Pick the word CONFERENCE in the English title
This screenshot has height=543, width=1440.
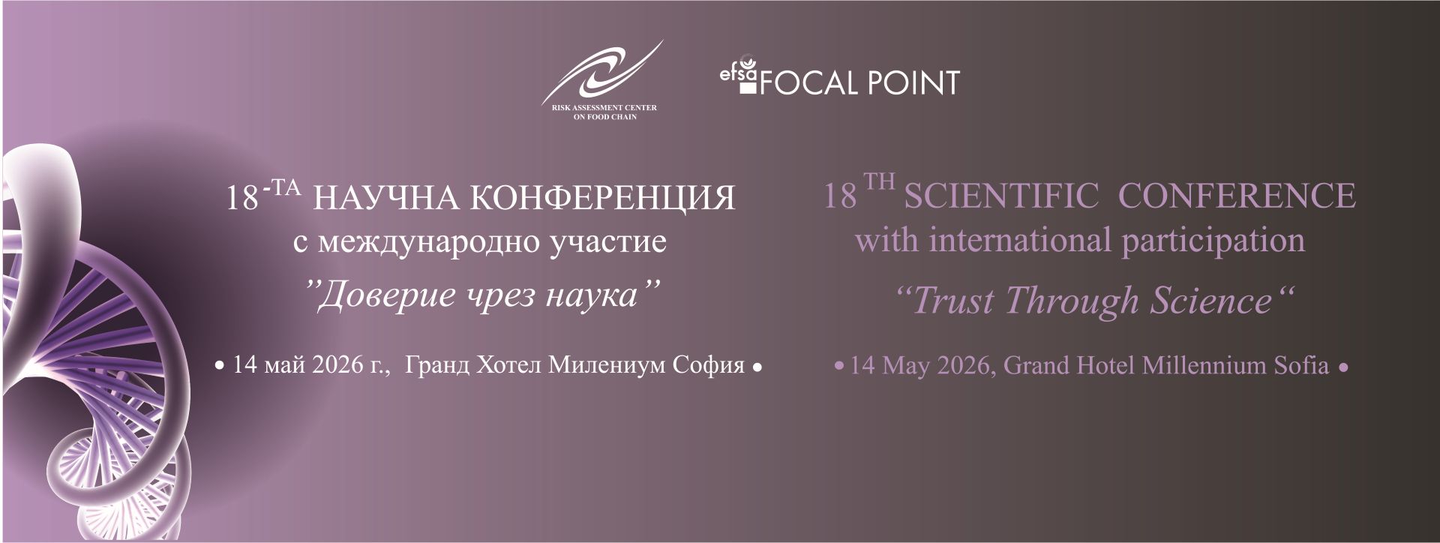point(1237,196)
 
